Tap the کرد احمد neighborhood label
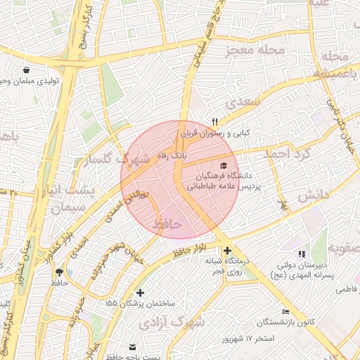pyautogui.click(x=286, y=153)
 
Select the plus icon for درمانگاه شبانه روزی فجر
pyautogui.click(x=226, y=251)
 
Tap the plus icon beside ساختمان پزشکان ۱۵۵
pyautogui.click(x=140, y=292)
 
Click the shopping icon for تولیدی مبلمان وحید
pyautogui.click(x=27, y=70)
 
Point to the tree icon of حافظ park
pyautogui.click(x=58, y=271)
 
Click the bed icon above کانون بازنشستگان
pyautogui.click(x=285, y=311)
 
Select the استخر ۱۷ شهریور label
pyautogui.click(x=247, y=339)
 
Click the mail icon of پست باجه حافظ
pyautogui.click(x=133, y=347)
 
